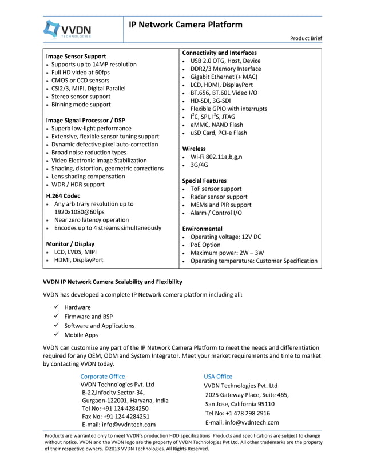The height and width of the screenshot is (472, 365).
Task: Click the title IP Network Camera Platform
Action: click(x=185, y=25)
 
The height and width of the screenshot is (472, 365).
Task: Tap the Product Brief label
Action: click(x=306, y=38)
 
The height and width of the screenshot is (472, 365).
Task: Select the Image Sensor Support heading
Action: click(x=76, y=57)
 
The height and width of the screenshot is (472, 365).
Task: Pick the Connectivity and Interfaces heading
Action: click(x=219, y=53)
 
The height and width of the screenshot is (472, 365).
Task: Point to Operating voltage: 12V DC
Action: click(x=225, y=237)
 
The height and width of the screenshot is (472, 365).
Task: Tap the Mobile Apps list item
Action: click(x=81, y=335)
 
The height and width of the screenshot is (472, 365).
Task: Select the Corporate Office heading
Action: click(x=102, y=376)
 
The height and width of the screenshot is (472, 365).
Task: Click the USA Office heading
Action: click(x=218, y=376)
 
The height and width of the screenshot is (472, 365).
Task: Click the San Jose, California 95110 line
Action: click(x=240, y=404)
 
